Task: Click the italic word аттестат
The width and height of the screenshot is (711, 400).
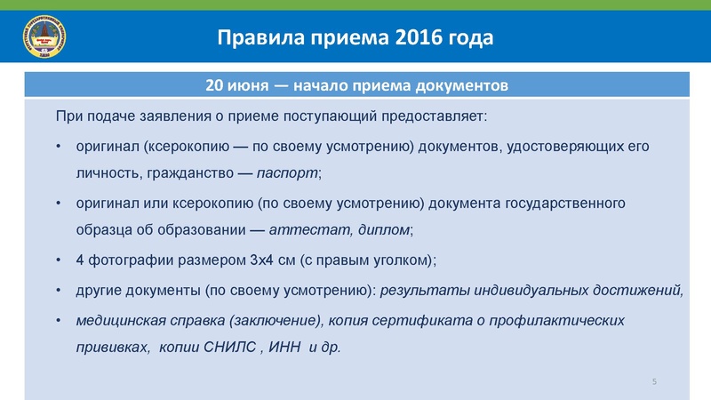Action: pos(300,231)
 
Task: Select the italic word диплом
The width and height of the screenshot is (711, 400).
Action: pos(383,231)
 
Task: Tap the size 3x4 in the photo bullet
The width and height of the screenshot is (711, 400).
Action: pos(264,260)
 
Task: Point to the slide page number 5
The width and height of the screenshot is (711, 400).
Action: pos(654,381)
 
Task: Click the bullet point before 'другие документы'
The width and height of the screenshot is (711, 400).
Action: pos(58,290)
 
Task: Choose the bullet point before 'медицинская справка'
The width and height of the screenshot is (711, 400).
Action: pos(58,319)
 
